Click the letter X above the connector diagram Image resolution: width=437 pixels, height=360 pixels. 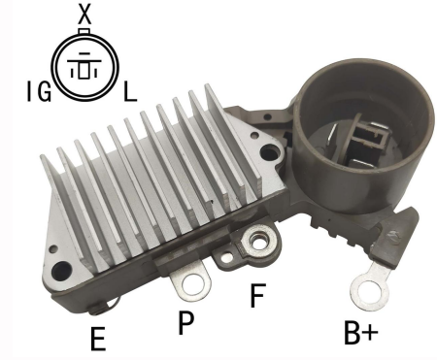(x=84, y=15)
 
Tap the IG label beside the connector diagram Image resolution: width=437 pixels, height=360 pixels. (x=39, y=91)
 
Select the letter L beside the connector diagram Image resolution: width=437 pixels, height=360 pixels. (x=130, y=91)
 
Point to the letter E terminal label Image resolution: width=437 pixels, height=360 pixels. (x=98, y=339)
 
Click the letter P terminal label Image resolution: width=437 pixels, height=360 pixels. (x=185, y=322)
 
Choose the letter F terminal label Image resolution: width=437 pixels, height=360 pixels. (x=258, y=295)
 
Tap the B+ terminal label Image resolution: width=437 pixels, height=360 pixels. (x=360, y=332)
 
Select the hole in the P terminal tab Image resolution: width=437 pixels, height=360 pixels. (x=194, y=283)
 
